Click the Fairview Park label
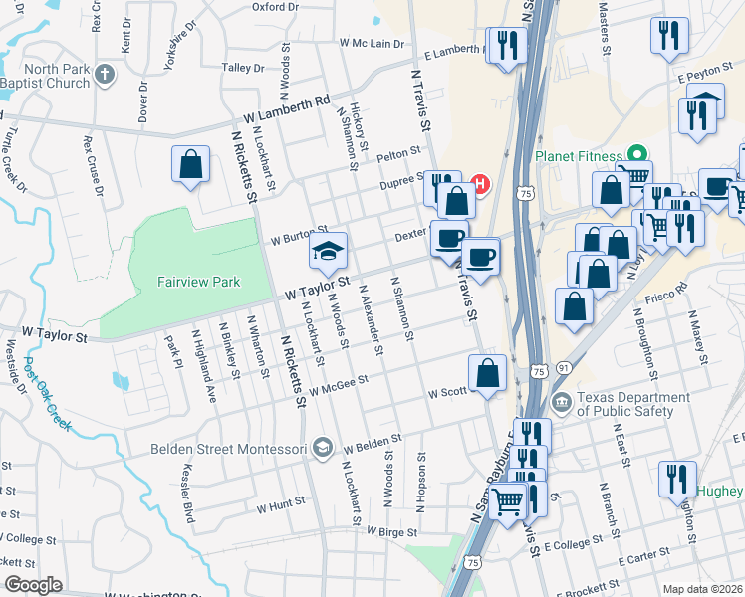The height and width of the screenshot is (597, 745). coord(199,283)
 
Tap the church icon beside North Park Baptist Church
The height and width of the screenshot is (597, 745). coord(105,74)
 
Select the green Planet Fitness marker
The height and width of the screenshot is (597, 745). coord(631,156)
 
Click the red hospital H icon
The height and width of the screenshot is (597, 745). coord(481,184)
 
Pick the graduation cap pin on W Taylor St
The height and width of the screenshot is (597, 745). coord(326,254)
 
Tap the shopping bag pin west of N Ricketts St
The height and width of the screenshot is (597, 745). coord(190,165)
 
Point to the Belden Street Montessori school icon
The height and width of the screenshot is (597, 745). coord(322,449)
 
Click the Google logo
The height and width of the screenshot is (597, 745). coord(33,585)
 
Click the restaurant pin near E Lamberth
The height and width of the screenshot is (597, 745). coord(508,46)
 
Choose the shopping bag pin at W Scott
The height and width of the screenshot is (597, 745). coord(488,374)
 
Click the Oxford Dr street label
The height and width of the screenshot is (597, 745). coord(276,6)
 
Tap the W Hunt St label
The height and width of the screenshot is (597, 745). coord(280,506)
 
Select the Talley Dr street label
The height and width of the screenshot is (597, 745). coord(243,68)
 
